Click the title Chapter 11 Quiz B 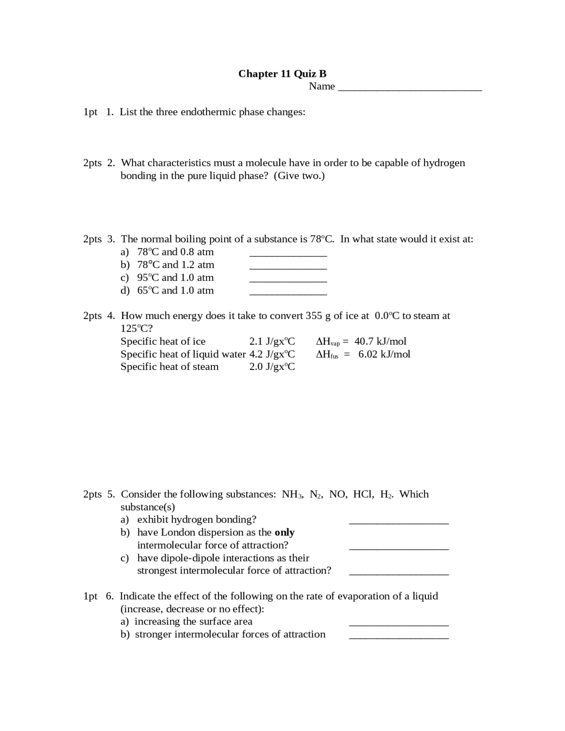point(282,74)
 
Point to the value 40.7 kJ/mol point(380,341)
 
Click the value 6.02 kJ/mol point(384,354)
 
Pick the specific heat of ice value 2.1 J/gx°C point(272,341)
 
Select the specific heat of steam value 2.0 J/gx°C point(272,367)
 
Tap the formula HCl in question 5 point(363,494)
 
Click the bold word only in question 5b point(284,532)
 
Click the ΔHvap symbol point(328,342)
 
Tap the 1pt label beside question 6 point(90,596)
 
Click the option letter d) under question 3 point(125,290)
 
